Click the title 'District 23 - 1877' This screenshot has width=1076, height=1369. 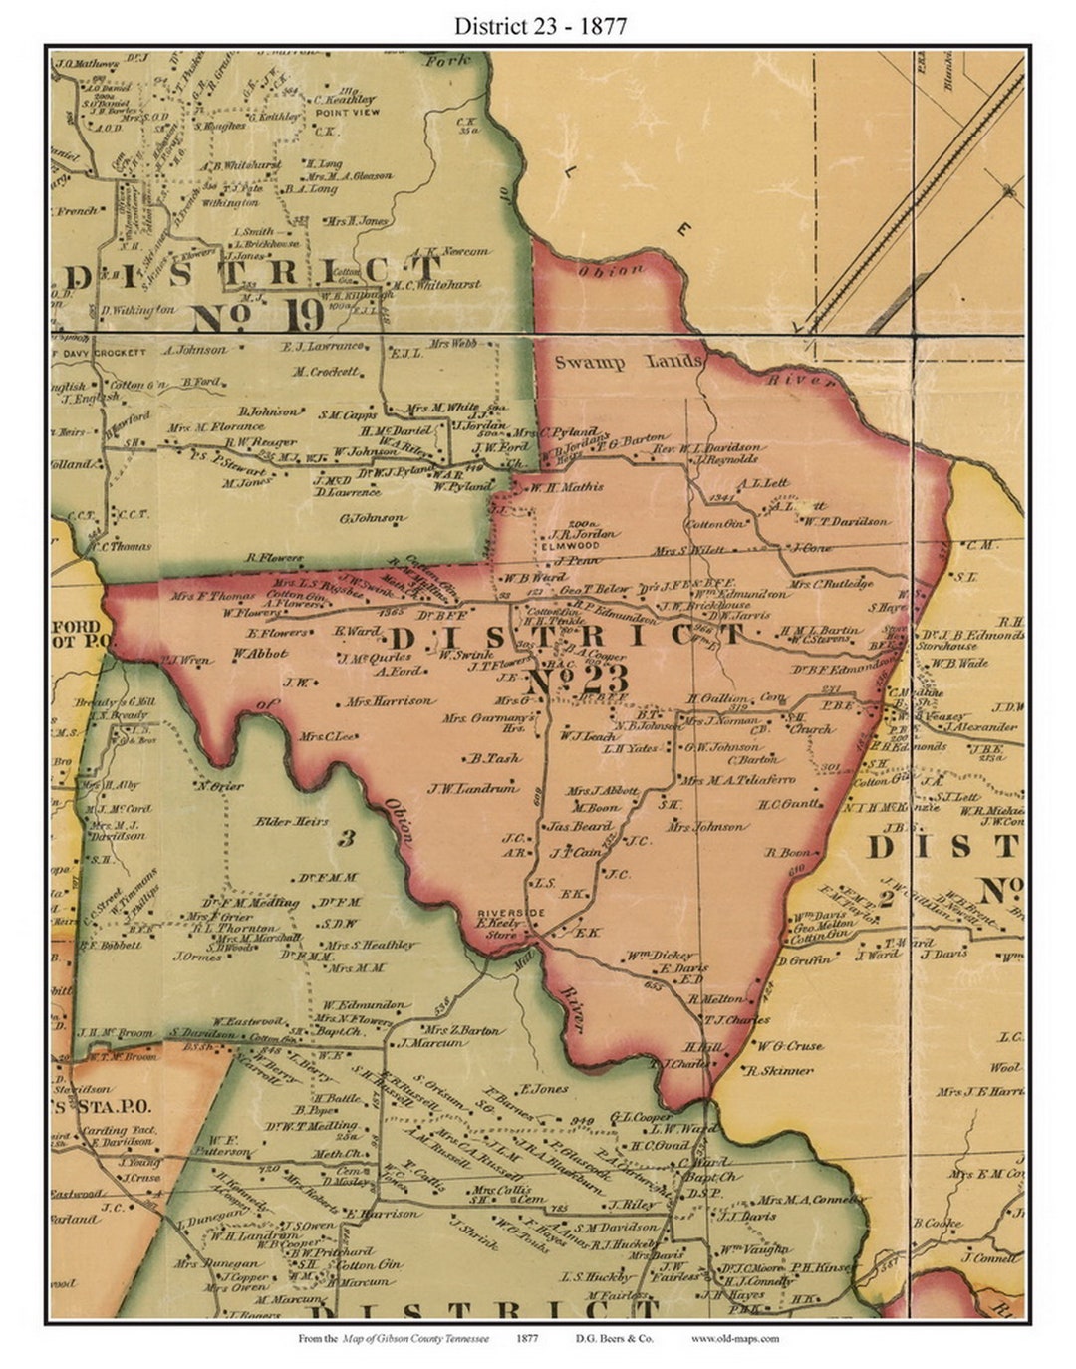click(x=540, y=26)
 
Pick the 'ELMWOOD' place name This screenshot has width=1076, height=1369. click(x=569, y=546)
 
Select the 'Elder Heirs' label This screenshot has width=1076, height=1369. click(x=292, y=821)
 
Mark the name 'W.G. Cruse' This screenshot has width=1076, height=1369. click(x=790, y=1046)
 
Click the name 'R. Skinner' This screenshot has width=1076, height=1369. click(x=784, y=1070)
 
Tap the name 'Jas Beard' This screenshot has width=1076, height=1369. click(x=579, y=827)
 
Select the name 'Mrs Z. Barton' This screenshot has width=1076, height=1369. click(x=463, y=1030)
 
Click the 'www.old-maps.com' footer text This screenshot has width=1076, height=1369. click(x=735, y=1338)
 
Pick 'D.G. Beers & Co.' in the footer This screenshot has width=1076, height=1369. click(x=614, y=1338)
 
